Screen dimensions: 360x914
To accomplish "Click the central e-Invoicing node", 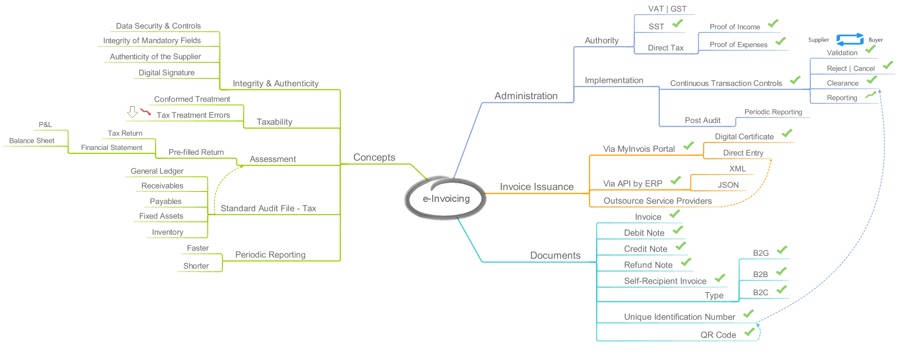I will (446, 199).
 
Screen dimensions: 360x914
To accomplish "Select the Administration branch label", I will (526, 96).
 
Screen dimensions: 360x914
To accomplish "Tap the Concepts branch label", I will (374, 158).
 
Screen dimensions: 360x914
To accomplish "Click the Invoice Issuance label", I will (536, 187).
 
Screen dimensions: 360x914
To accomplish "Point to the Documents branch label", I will (555, 255).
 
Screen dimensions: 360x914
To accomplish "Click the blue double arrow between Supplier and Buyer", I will (850, 40).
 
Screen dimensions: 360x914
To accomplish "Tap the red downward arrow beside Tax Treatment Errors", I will (145, 112).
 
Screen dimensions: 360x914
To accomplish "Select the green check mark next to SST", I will (677, 23).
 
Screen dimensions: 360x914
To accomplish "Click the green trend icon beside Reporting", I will (871, 95).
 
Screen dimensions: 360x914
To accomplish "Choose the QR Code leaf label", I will (718, 335).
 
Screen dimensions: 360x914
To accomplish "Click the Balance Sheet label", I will (32, 141).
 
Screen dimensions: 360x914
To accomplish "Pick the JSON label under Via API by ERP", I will (728, 185).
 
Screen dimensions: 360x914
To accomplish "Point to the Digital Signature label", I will (166, 73).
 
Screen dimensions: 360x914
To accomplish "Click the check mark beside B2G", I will (782, 250).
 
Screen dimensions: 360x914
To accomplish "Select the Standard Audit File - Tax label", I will (268, 209).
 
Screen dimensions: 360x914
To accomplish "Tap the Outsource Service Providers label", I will (657, 201).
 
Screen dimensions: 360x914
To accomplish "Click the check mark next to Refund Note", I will (685, 262).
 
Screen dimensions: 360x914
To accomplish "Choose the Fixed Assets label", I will (161, 216).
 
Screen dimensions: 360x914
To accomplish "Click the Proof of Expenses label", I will (738, 45).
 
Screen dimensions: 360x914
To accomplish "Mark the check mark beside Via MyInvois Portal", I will (688, 146).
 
